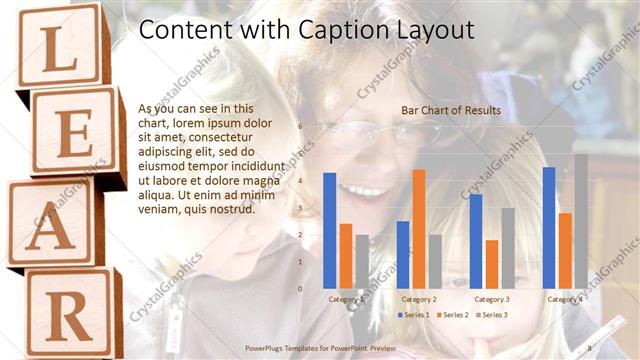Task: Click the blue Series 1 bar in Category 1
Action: (x=329, y=230)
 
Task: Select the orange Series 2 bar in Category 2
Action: (x=418, y=228)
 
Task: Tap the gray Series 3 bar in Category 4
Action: (x=581, y=220)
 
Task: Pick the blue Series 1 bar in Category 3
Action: (x=476, y=241)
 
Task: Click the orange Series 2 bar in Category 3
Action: (x=491, y=264)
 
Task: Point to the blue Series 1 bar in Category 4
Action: (x=549, y=227)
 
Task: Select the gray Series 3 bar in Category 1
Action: (x=362, y=261)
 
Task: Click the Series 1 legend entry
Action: (x=415, y=315)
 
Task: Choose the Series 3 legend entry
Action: (x=492, y=315)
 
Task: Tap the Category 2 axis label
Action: (x=419, y=299)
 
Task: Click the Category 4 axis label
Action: (x=565, y=299)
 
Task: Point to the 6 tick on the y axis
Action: (x=300, y=126)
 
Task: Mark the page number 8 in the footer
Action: (x=590, y=347)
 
